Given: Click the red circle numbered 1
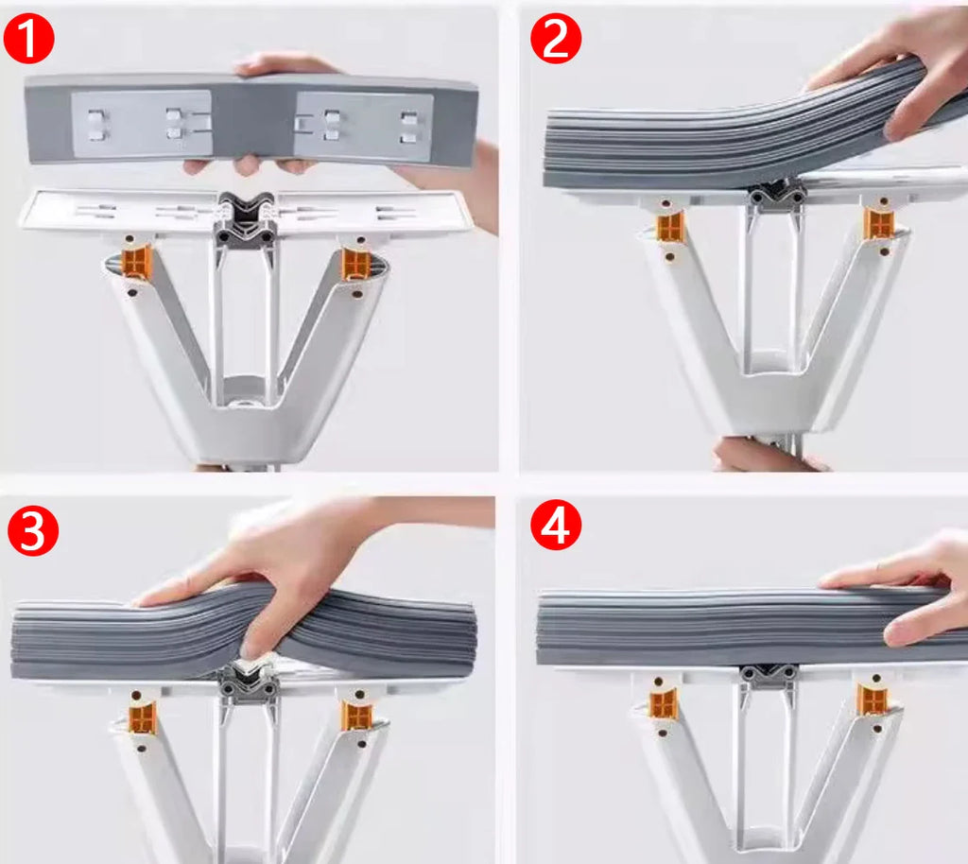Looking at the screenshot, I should [28, 39].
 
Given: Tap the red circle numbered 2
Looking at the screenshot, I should [555, 39].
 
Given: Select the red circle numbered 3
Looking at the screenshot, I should [33, 531].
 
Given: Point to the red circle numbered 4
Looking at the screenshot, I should [555, 527].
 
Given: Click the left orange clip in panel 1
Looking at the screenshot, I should [136, 264].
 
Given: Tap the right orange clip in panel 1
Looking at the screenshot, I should [355, 264].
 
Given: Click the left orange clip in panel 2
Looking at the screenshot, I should [670, 227].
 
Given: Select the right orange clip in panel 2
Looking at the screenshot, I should [879, 224].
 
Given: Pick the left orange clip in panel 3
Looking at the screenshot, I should [143, 717].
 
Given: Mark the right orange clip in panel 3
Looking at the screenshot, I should [355, 716].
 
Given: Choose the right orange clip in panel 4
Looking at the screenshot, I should [872, 700].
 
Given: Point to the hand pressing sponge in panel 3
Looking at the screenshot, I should [284, 567].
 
